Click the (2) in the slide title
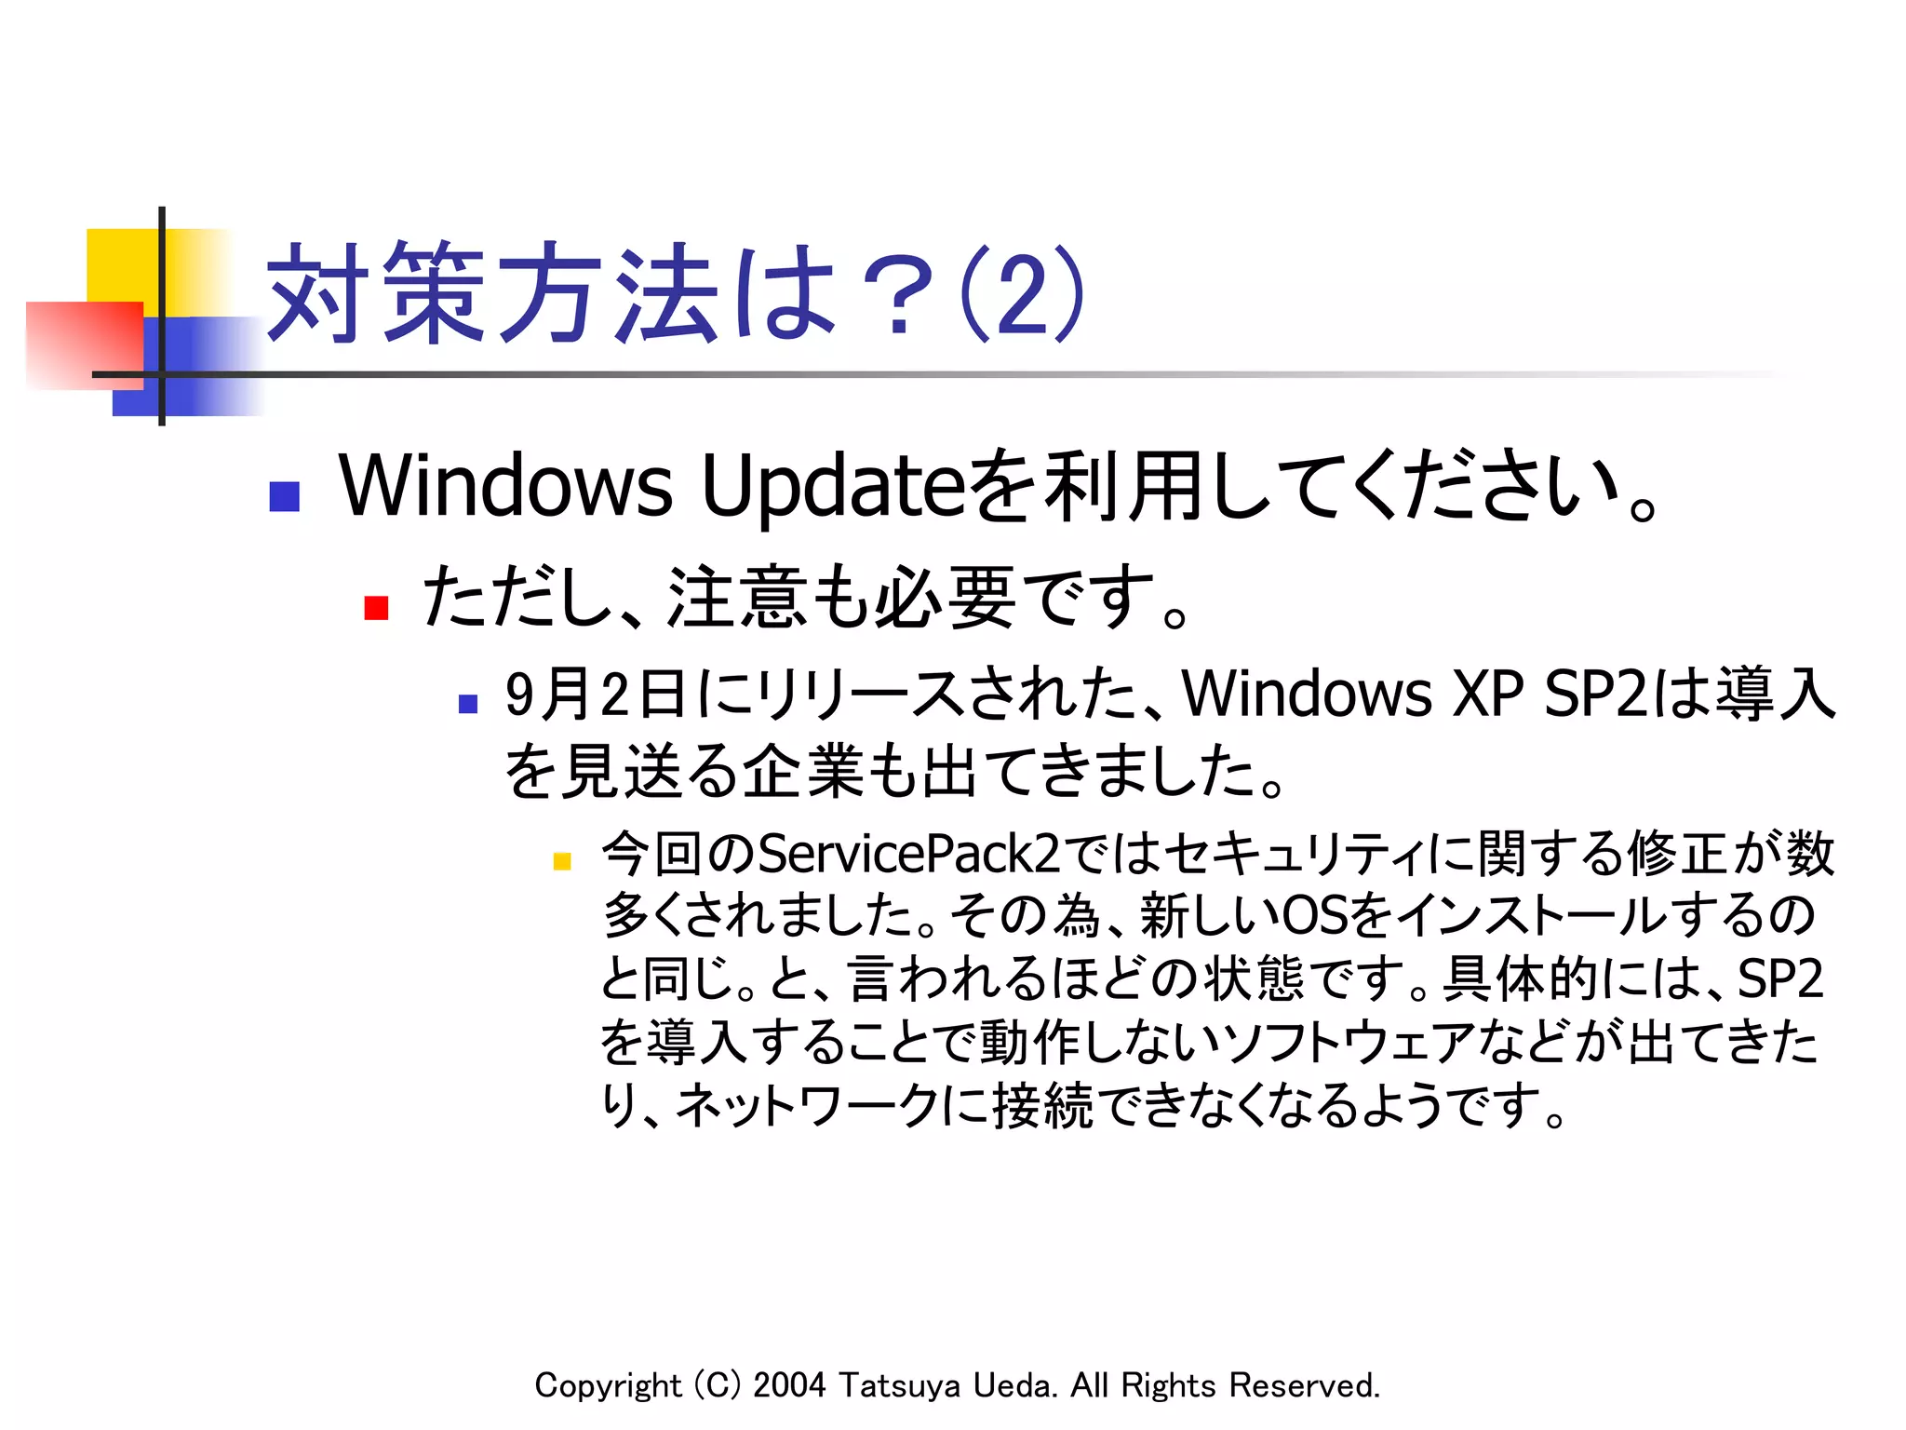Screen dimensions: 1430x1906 click(1021, 294)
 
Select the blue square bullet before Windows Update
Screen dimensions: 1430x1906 click(284, 496)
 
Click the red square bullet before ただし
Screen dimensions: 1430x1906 click(376, 608)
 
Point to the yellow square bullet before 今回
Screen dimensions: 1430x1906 click(561, 861)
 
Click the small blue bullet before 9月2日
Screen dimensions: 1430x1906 click(468, 704)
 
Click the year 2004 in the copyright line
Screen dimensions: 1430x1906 click(789, 1385)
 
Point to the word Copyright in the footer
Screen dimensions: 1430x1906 click(608, 1385)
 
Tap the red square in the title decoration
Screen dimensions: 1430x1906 click(84, 344)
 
